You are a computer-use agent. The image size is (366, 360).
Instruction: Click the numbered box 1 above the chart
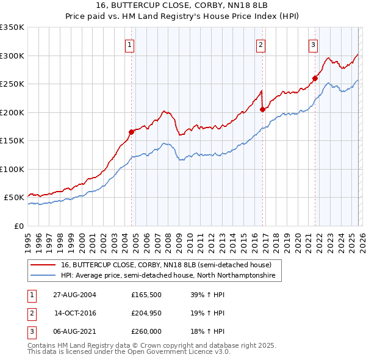point(131,44)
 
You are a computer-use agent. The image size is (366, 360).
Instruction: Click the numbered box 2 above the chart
point(260,44)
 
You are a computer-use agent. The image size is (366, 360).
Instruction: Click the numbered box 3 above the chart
point(313,44)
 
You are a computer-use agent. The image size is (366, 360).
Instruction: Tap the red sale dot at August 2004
point(131,132)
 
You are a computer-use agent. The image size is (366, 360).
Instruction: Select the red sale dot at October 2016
point(262,109)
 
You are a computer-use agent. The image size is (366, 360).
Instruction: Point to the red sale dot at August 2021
point(315,78)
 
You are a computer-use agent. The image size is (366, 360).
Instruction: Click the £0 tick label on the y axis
point(18,226)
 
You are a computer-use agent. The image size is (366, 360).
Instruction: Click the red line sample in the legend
point(44,265)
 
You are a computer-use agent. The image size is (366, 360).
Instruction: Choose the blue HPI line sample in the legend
point(44,276)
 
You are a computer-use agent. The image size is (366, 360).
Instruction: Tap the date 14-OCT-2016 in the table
point(75,313)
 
